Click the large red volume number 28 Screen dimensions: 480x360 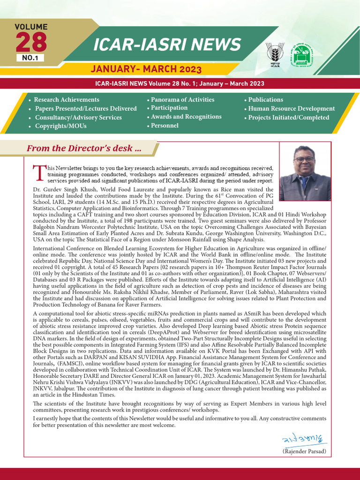pyautogui.click(x=31, y=42)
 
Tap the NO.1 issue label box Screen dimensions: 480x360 pyautogui.click(x=30, y=58)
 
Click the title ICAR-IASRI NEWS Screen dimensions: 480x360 pyautogui.click(x=167, y=45)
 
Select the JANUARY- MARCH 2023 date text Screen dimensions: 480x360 pyautogui.click(x=146, y=69)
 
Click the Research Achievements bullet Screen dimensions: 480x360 pyautogui.click(x=66, y=100)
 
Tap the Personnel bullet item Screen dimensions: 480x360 pyautogui.click(x=164, y=126)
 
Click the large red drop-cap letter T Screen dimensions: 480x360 pyautogui.click(x=39, y=172)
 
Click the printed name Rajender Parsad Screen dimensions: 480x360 pyautogui.click(x=304, y=451)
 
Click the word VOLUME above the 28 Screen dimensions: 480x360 pyautogui.click(x=31, y=27)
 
